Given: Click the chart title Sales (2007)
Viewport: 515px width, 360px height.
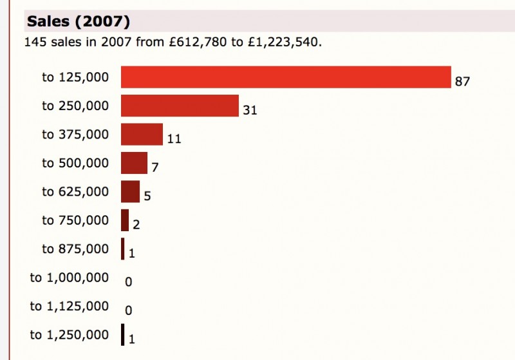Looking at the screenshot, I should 79,22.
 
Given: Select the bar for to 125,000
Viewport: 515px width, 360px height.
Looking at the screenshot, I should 286,77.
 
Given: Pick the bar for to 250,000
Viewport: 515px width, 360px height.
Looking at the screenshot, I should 180,106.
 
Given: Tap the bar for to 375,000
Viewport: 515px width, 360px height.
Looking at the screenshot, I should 142,134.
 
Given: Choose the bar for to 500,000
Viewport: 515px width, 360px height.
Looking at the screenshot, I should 134,163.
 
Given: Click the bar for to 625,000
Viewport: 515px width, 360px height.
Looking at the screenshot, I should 130,191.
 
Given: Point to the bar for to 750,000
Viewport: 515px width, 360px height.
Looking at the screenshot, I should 125,220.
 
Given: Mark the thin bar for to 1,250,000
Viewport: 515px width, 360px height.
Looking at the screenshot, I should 122,335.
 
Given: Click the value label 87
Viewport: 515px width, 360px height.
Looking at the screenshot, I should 463,82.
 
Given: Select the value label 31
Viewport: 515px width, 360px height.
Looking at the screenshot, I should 250,110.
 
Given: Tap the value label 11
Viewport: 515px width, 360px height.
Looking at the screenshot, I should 174,138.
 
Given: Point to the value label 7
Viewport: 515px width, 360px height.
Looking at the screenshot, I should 154,167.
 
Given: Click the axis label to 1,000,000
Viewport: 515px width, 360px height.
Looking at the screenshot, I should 70,278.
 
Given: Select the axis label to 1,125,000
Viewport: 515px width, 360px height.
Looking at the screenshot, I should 70,306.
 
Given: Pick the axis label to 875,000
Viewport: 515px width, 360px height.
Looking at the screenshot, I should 75,249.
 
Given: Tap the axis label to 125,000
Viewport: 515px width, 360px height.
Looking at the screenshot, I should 75,77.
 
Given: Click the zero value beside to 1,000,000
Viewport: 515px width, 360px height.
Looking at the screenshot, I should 128,282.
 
